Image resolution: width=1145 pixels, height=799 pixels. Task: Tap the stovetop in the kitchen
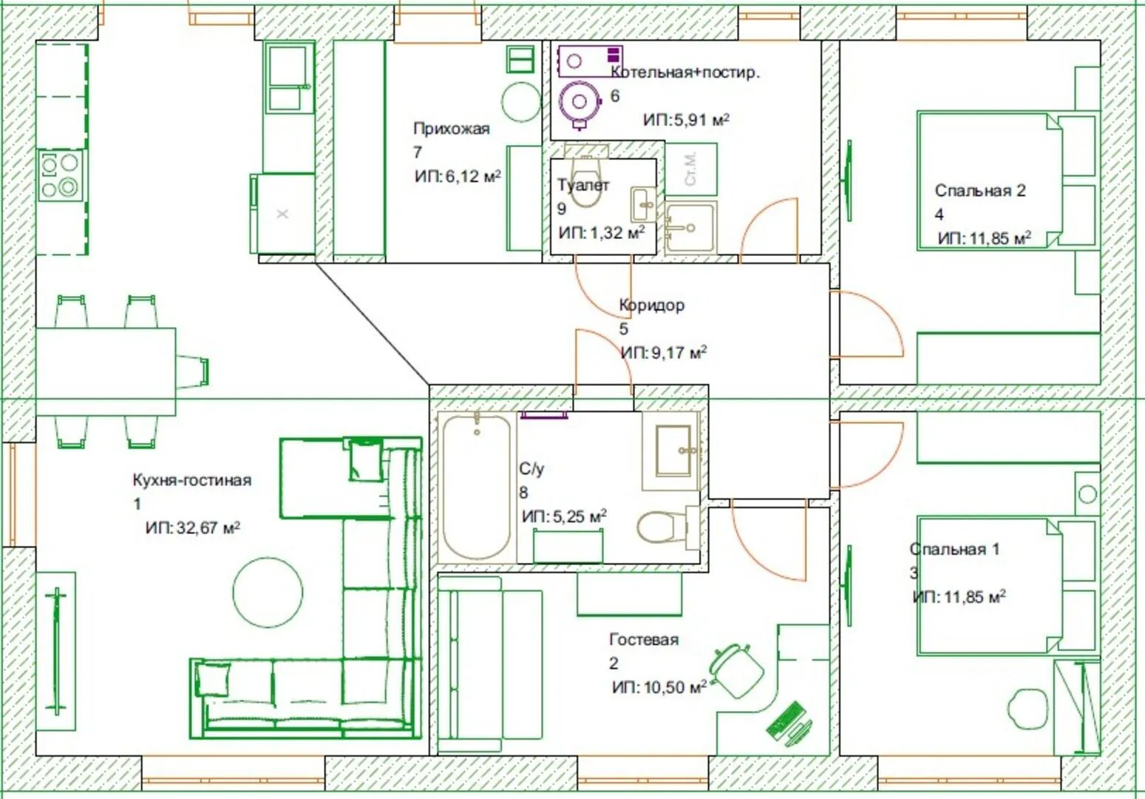pyautogui.click(x=61, y=175)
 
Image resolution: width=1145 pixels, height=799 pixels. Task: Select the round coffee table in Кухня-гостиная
pyautogui.click(x=268, y=592)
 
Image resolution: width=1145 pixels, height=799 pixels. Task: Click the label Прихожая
pyautogui.click(x=452, y=129)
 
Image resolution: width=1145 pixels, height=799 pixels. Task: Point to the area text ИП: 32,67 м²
pyautogui.click(x=193, y=527)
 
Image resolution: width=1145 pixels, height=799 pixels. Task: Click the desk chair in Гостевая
pyautogui.click(x=736, y=670)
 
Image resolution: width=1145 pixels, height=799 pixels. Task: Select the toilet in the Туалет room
pyautogui.click(x=586, y=181)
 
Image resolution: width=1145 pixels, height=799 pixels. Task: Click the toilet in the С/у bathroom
pyautogui.click(x=663, y=526)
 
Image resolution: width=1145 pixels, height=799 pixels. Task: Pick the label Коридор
pyautogui.click(x=652, y=305)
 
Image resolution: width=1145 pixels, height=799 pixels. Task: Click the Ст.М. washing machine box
pyautogui.click(x=690, y=169)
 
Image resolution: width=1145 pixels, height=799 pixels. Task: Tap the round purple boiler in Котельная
pyautogui.click(x=579, y=101)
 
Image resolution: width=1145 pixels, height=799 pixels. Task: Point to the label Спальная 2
pyautogui.click(x=980, y=190)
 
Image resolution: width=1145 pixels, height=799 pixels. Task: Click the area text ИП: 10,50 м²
pyautogui.click(x=659, y=687)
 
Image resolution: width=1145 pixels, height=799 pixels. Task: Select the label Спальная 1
pyautogui.click(x=954, y=549)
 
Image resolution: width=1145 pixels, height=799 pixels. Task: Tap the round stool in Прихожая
pyautogui.click(x=520, y=102)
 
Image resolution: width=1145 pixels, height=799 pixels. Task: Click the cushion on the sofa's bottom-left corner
pyautogui.click(x=214, y=679)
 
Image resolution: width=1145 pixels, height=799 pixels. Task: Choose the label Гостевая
pyautogui.click(x=644, y=639)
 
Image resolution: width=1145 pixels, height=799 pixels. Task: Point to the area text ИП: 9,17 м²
pyautogui.click(x=664, y=352)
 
